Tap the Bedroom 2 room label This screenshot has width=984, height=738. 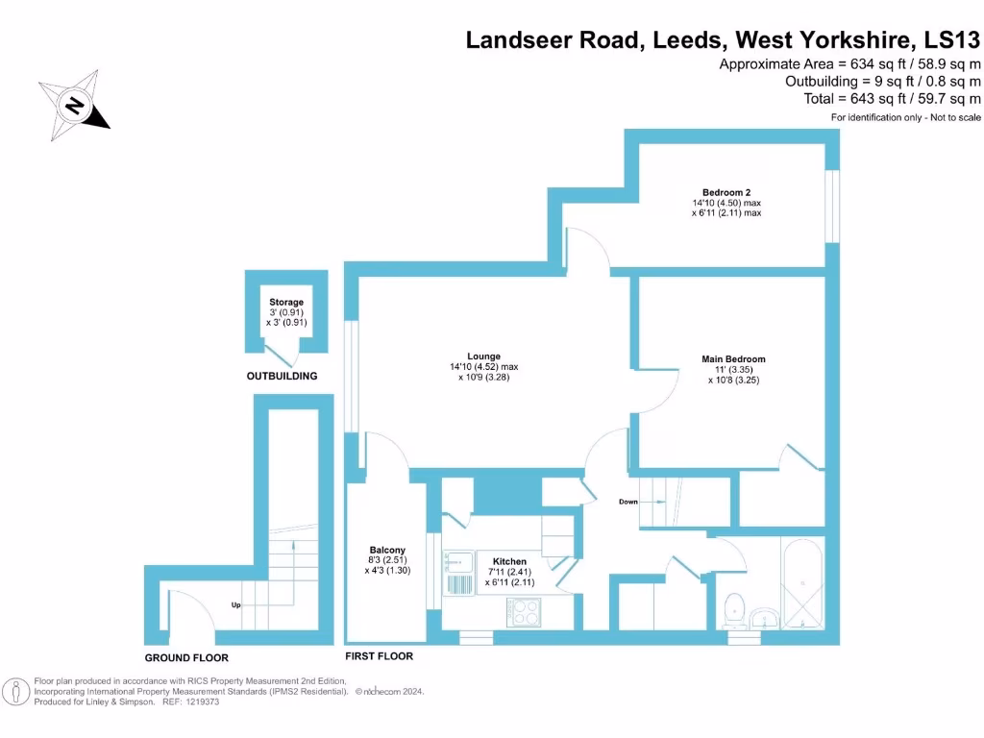tap(726, 192)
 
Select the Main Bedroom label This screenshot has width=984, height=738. tap(733, 359)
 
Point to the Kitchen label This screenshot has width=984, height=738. tap(509, 561)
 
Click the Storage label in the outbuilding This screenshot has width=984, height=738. tap(286, 303)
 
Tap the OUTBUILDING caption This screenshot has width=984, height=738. tap(282, 376)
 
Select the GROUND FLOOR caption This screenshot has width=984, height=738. tap(186, 658)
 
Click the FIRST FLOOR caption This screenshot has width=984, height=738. tap(379, 656)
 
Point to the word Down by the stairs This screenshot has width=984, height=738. tap(627, 502)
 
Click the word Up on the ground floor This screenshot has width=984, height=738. tap(235, 604)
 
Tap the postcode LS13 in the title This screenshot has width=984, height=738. tap(951, 40)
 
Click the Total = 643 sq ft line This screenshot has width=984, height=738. tap(892, 98)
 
